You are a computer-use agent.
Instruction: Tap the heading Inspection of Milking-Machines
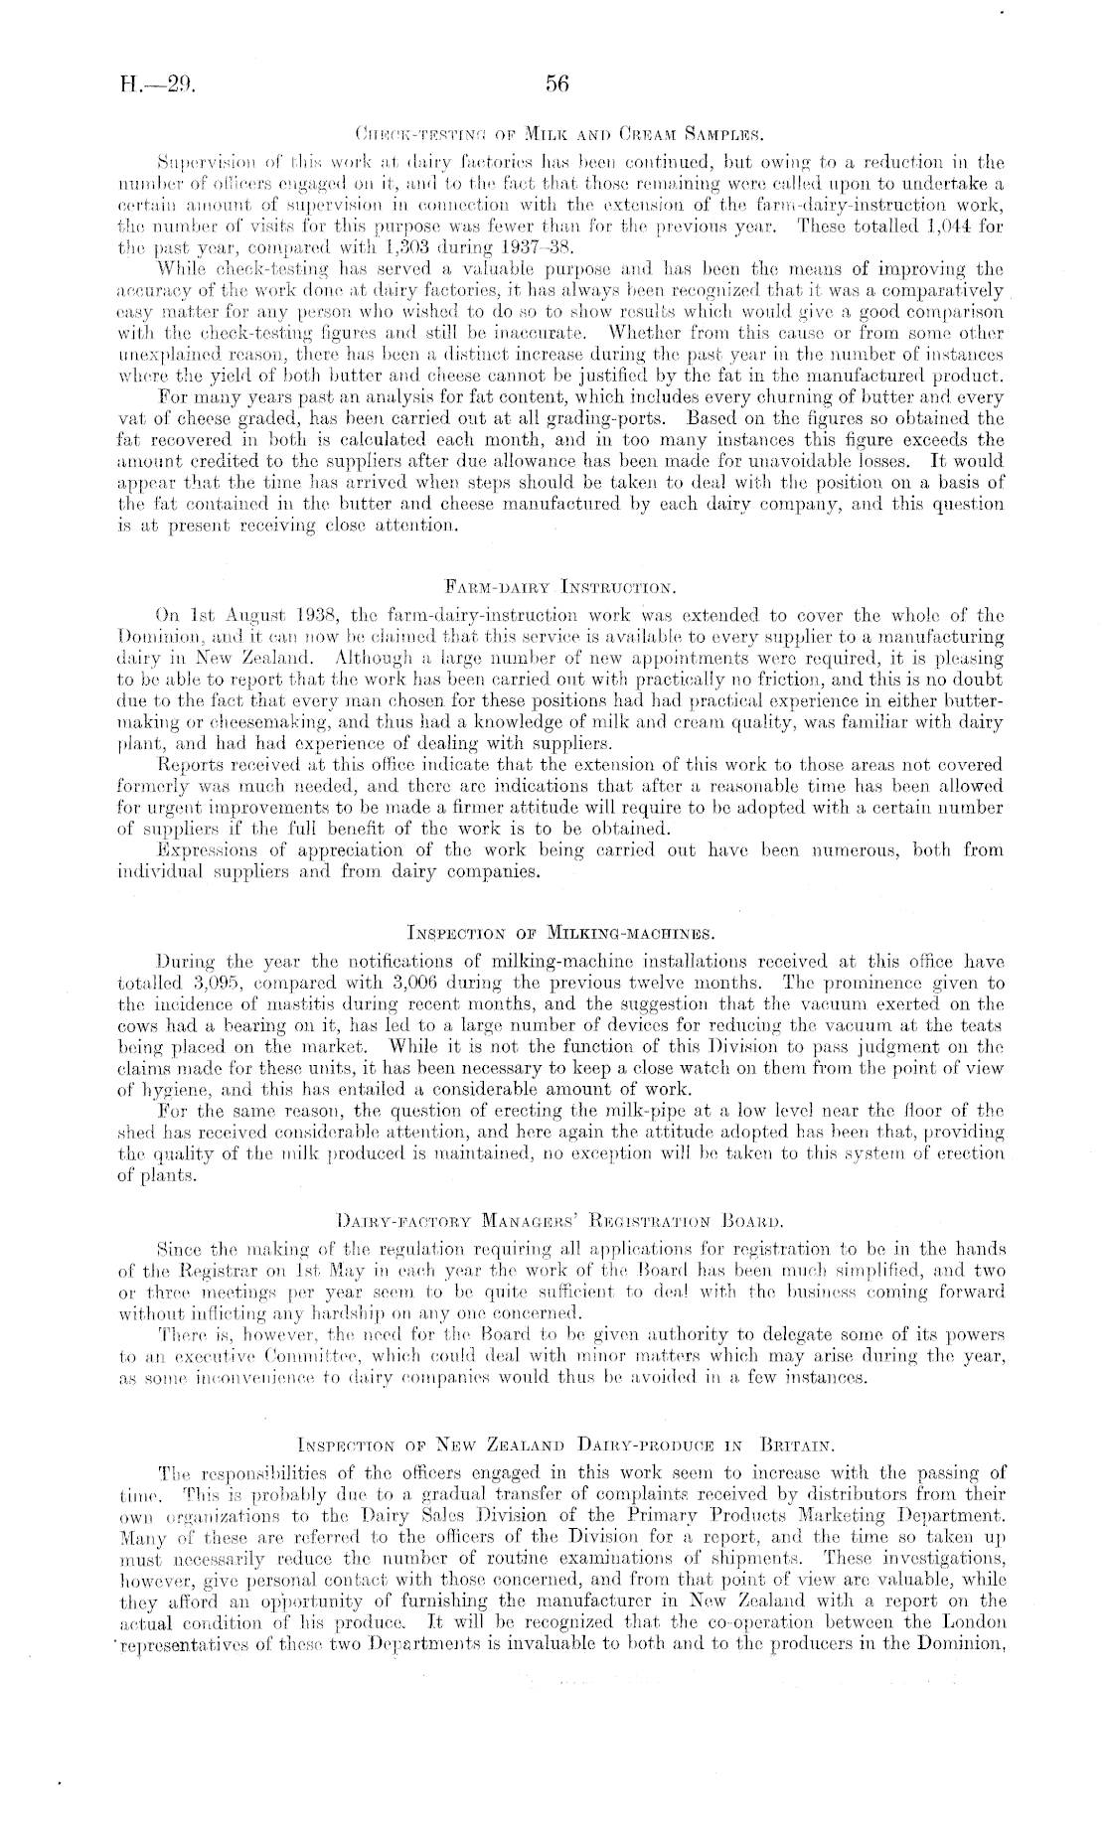tap(555, 933)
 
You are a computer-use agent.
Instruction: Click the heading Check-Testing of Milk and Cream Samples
tap(555, 130)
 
